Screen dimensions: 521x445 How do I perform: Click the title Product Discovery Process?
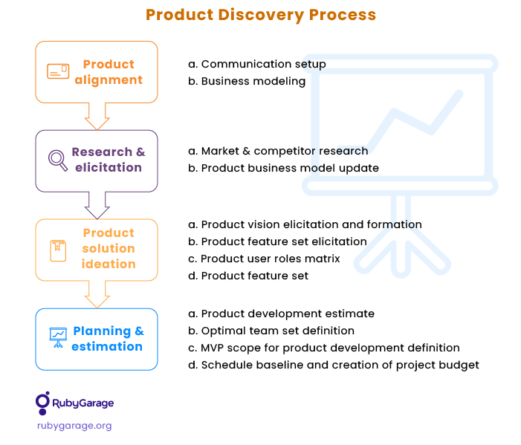click(261, 15)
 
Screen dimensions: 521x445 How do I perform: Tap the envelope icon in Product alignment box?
click(58, 71)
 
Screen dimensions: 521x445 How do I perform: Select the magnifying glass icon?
click(58, 160)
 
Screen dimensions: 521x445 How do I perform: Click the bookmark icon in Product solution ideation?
click(58, 250)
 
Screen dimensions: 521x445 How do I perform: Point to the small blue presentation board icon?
click(58, 337)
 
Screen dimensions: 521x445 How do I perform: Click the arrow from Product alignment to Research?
click(97, 116)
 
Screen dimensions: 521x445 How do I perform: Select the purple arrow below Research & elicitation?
click(97, 205)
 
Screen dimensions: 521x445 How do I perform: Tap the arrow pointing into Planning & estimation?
click(97, 294)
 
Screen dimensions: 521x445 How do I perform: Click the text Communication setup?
click(264, 64)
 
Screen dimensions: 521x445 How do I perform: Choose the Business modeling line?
click(247, 81)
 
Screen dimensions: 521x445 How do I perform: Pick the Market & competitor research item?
click(278, 151)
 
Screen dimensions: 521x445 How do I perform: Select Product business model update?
click(283, 168)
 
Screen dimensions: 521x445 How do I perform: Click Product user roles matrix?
click(264, 259)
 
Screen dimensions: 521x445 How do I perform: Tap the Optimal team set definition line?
click(271, 331)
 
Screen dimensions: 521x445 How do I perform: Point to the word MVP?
click(213, 348)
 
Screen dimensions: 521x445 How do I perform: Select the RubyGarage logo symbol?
click(43, 403)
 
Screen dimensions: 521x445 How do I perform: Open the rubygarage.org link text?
click(74, 426)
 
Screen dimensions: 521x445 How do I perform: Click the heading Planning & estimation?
click(108, 339)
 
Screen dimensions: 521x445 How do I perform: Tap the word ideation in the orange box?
click(109, 264)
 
